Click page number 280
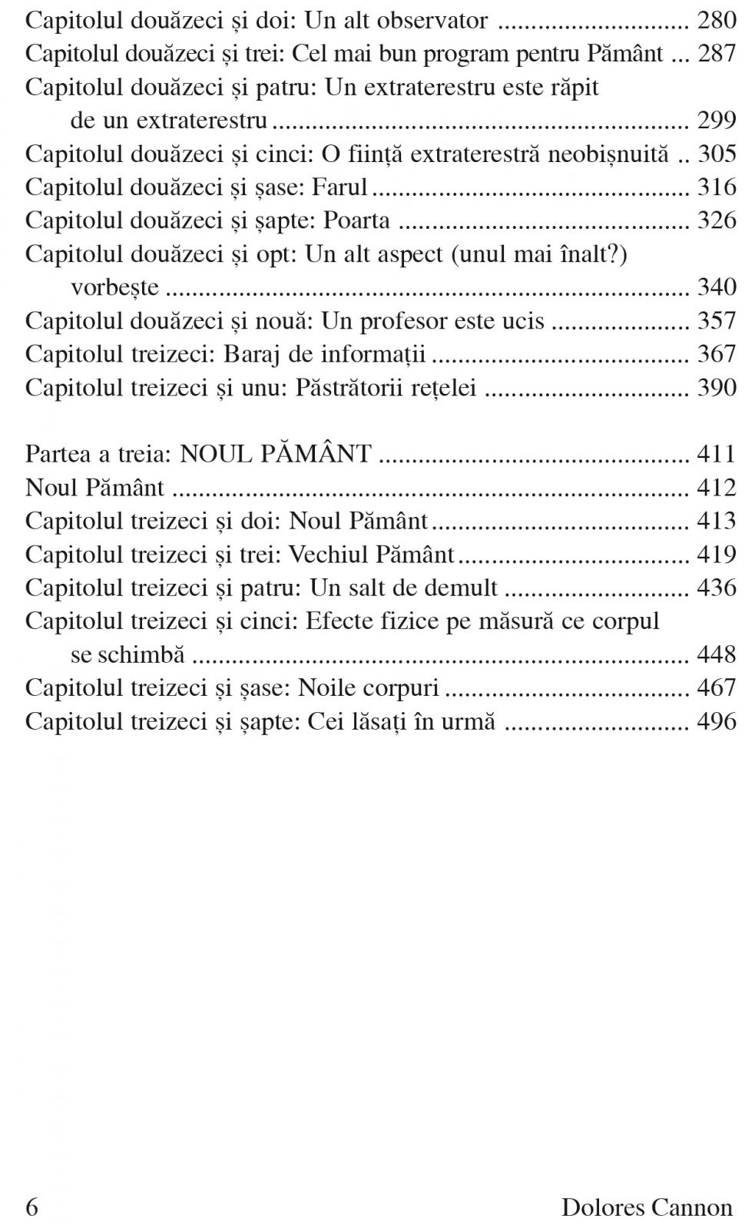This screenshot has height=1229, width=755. click(x=716, y=20)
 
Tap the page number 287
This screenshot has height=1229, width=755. click(x=716, y=54)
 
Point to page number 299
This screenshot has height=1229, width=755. click(x=716, y=121)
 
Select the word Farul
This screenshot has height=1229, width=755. click(x=339, y=187)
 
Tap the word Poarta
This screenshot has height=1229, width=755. click(x=356, y=220)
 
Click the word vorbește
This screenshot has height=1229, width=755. click(x=115, y=287)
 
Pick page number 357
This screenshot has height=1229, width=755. click(x=716, y=320)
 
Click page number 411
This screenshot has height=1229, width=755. click(x=716, y=454)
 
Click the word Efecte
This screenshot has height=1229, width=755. click(x=340, y=621)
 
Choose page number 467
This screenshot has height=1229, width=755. click(x=716, y=687)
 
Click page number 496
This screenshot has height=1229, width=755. click(x=716, y=721)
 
